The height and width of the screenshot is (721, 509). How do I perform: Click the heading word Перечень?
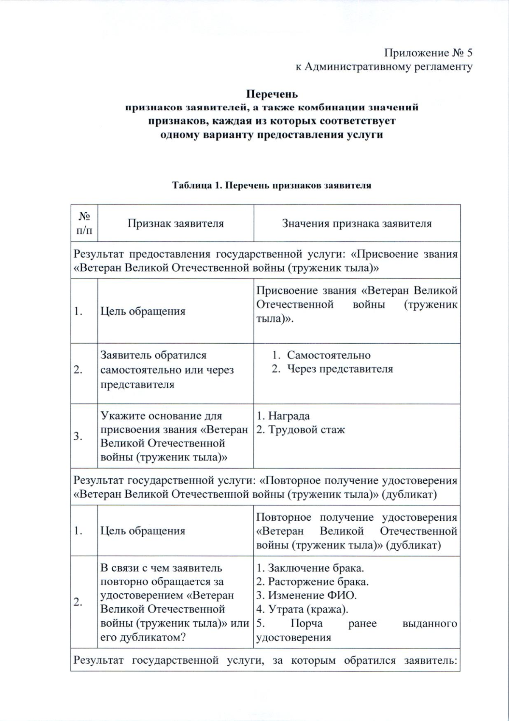click(272, 94)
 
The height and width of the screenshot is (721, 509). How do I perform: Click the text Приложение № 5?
click(428, 53)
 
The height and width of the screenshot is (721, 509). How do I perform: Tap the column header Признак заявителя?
click(176, 223)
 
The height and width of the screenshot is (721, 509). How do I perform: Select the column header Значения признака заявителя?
click(357, 223)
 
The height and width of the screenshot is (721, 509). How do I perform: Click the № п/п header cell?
click(84, 223)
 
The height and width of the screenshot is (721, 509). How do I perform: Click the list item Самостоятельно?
click(328, 355)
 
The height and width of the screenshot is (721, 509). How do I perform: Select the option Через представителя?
click(340, 369)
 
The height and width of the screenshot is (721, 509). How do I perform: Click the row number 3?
click(78, 436)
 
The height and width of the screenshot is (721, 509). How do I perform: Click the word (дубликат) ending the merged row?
click(409, 494)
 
